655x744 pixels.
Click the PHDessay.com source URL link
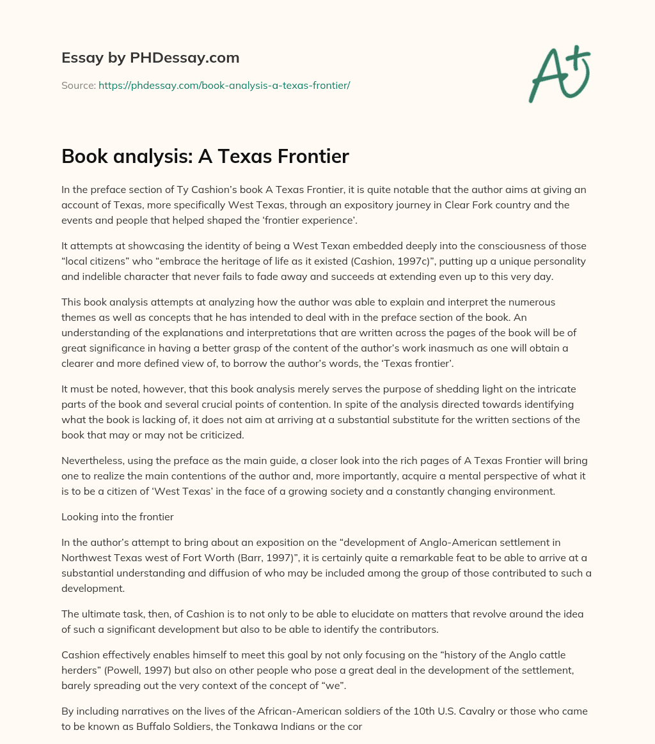(x=224, y=85)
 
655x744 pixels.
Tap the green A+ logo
(x=559, y=74)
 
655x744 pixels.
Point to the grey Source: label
(x=78, y=85)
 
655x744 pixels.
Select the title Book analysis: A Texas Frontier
(x=205, y=157)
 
